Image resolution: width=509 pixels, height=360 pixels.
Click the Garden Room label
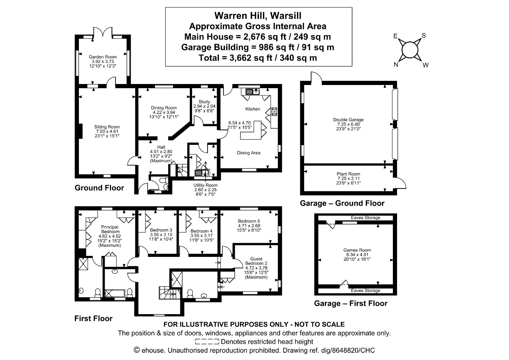[x=103, y=57]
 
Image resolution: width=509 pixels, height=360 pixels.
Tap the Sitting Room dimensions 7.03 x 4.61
[x=107, y=131]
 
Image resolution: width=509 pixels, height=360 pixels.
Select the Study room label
[x=204, y=102]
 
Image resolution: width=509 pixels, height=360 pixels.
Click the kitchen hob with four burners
[x=274, y=111]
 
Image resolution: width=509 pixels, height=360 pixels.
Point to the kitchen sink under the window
[x=253, y=92]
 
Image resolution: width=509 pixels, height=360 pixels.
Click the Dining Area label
[x=248, y=153]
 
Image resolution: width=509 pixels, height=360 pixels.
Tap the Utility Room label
[x=206, y=185]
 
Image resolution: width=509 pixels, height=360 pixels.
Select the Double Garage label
[x=348, y=120]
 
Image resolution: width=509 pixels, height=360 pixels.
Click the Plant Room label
[x=348, y=174]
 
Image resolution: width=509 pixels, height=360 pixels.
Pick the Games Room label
[x=357, y=250]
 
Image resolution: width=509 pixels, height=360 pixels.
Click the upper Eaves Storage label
[x=366, y=218]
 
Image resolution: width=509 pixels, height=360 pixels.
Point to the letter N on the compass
[x=396, y=65]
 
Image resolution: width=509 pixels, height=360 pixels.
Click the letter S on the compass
[x=424, y=35]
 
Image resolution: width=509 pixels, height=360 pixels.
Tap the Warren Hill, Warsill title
[x=258, y=16]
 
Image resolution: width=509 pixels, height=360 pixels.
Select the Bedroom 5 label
[x=249, y=221]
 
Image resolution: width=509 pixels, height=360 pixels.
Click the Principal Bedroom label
[x=110, y=229]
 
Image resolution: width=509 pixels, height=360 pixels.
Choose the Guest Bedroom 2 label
[x=256, y=261]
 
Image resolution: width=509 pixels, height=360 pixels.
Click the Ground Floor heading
[x=99, y=188]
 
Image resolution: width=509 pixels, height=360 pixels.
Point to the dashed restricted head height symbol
[x=207, y=342]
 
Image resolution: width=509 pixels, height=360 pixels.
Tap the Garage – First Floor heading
[x=351, y=303]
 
